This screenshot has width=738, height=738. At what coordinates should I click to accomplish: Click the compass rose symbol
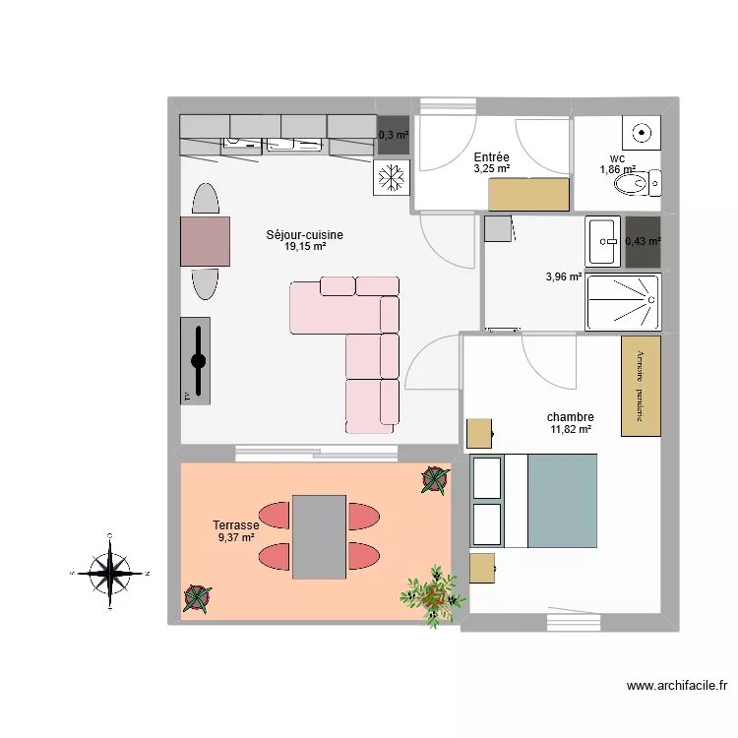tap(110, 572)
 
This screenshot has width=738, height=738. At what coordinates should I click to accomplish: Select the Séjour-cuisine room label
tap(305, 234)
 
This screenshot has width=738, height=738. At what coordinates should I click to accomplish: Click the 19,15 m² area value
tap(305, 247)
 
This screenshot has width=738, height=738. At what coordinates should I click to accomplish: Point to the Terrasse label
tap(236, 525)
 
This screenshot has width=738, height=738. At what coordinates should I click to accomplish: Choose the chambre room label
tap(572, 416)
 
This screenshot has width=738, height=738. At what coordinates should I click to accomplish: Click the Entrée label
tap(491, 156)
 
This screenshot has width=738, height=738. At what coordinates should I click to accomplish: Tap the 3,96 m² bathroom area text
tap(564, 278)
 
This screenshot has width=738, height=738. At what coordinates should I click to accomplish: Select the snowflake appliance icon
tap(392, 177)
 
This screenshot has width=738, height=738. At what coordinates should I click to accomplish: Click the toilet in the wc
tap(649, 182)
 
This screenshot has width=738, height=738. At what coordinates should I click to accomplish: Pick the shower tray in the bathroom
tap(623, 301)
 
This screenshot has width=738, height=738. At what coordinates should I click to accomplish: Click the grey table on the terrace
tap(319, 536)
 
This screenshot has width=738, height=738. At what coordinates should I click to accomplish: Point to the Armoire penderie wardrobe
tap(641, 386)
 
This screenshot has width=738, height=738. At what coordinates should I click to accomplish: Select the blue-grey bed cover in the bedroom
tap(563, 500)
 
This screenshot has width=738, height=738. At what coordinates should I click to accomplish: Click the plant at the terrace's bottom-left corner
tap(197, 597)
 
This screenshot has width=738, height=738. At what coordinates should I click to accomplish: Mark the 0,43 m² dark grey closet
tap(643, 241)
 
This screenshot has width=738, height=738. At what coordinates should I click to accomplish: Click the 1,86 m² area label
tap(618, 170)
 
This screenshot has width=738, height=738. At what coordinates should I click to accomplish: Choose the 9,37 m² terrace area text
tap(236, 538)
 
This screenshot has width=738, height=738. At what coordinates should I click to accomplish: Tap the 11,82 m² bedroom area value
tap(572, 429)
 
